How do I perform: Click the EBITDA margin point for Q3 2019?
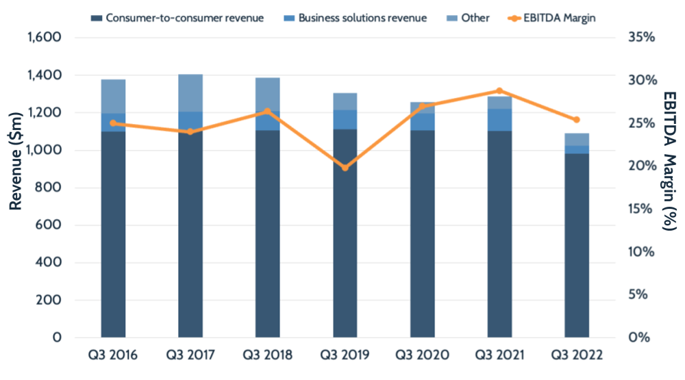tap(345, 167)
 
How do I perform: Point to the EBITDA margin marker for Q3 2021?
tap(499, 91)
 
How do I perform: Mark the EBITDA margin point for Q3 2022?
tap(576, 120)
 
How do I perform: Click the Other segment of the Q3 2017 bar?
tap(190, 92)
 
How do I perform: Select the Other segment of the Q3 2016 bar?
tap(113, 96)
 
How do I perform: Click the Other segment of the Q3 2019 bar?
tap(345, 101)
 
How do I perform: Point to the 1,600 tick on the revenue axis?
tap(44, 37)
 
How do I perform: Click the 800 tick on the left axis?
tap(50, 188)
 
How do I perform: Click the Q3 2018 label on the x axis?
tap(268, 355)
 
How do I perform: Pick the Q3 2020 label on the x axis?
tap(422, 355)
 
